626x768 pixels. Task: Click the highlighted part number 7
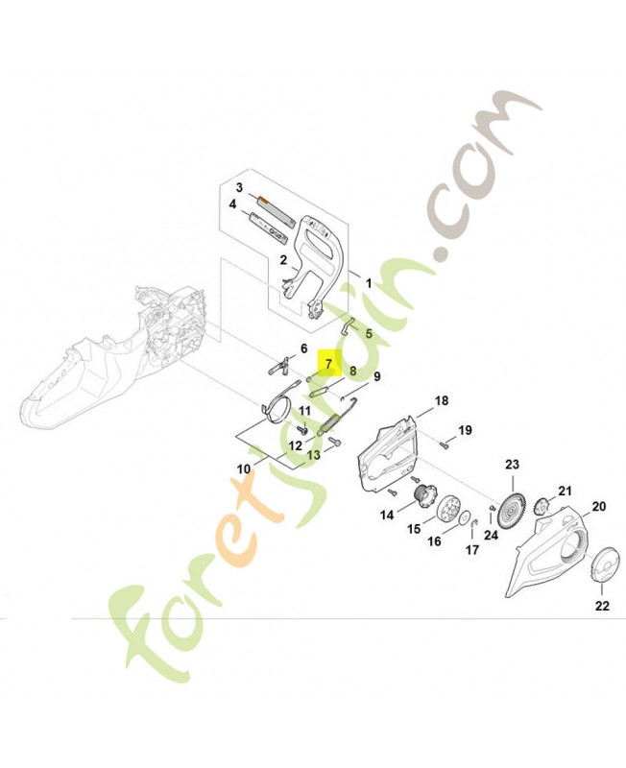[x=328, y=364]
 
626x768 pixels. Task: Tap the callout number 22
[x=602, y=606]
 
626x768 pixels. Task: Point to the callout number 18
[x=442, y=401]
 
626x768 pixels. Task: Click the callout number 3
[x=239, y=187]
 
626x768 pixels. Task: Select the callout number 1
[x=369, y=283]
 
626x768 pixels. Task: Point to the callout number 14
[x=387, y=515]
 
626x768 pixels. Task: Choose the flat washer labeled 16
[x=463, y=517]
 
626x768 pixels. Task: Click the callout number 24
[x=491, y=535]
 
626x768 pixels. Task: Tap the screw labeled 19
[x=445, y=444]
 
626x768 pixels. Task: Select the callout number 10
[x=244, y=468]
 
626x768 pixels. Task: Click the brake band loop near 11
[x=276, y=411]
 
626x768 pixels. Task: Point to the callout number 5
[x=369, y=333]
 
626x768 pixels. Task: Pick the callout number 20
[x=599, y=506]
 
